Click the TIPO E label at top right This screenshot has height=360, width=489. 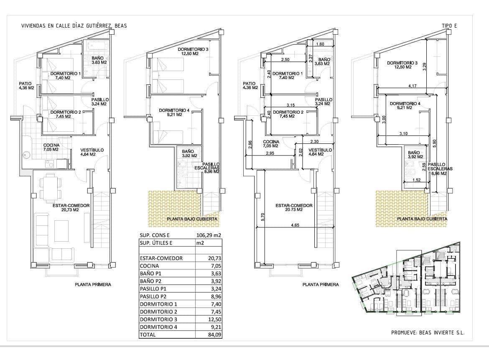[x=449, y=26]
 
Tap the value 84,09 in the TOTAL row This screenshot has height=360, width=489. [x=213, y=334]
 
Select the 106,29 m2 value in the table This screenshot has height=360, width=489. [x=209, y=235]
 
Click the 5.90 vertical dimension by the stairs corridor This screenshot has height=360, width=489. [x=435, y=143]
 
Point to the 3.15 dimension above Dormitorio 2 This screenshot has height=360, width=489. [x=291, y=105]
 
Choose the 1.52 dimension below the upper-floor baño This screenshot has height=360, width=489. [x=416, y=180]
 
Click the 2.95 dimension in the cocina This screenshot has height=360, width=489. [x=271, y=153]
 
